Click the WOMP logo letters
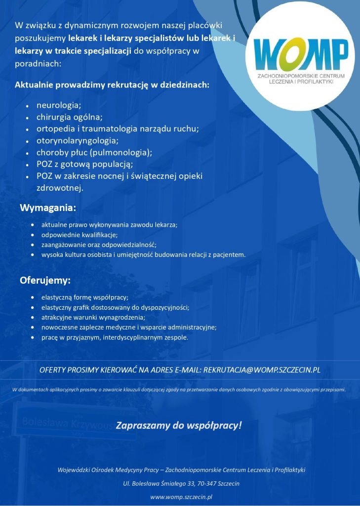coord(301,54)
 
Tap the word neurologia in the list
coord(58,105)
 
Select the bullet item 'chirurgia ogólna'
coord(69,117)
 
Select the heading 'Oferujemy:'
coord(45,281)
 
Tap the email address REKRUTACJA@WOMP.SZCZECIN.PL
coord(262,370)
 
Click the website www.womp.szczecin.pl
coord(181,497)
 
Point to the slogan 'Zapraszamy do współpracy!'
coord(179,424)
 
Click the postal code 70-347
coord(201,483)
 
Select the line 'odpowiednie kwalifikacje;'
coord(80,235)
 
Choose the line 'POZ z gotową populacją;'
coord(84,165)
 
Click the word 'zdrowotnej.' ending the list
coord(60,188)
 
